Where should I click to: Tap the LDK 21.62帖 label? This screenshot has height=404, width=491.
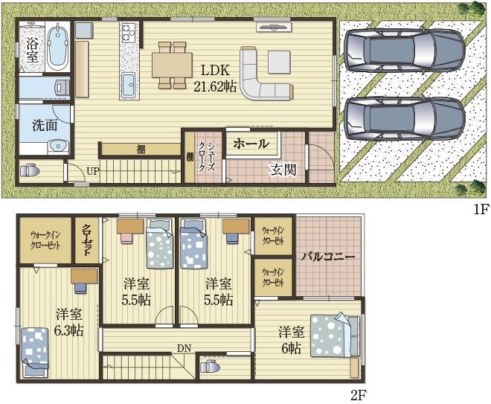[x=215, y=78]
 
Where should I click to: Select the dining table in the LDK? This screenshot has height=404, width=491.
[x=172, y=65]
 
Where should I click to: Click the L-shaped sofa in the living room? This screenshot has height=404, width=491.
[x=266, y=75]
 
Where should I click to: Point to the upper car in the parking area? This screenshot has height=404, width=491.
[x=404, y=51]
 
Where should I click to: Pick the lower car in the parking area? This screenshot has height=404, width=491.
[x=404, y=119]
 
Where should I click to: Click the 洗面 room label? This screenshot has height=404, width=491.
[x=45, y=125]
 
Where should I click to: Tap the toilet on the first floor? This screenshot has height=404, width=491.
[x=30, y=171]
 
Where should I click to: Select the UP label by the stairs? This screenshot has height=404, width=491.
[x=93, y=171]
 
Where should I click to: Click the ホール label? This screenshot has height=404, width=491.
[x=251, y=144]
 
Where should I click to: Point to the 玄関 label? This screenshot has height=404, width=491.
[x=283, y=170]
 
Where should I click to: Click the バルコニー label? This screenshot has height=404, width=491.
[x=328, y=257]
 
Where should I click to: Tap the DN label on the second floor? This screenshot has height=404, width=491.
[x=184, y=348]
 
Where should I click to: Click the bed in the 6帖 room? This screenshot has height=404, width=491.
[x=335, y=336]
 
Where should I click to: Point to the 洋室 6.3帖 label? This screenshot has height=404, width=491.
[x=69, y=322]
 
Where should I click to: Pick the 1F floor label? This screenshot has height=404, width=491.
[x=481, y=210]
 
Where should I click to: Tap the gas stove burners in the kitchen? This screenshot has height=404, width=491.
[x=128, y=33]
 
